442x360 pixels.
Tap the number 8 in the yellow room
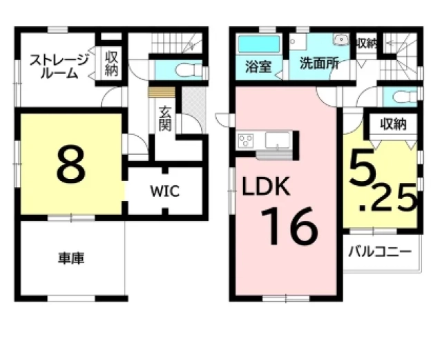click(70, 164)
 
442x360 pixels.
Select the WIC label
click(165, 191)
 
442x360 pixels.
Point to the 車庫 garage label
click(71, 258)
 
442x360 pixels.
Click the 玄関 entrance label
click(165, 119)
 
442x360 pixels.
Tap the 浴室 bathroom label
click(258, 67)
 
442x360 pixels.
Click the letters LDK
click(266, 186)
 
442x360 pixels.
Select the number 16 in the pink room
click(289, 226)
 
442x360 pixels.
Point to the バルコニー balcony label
click(380, 252)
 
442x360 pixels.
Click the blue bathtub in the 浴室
click(258, 44)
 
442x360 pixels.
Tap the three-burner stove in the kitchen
click(246, 140)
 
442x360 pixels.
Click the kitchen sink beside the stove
click(278, 140)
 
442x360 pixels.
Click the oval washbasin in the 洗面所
click(340, 39)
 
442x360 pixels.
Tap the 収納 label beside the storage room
click(111, 64)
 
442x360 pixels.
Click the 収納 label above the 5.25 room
click(393, 124)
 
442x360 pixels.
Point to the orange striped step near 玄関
click(162, 93)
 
